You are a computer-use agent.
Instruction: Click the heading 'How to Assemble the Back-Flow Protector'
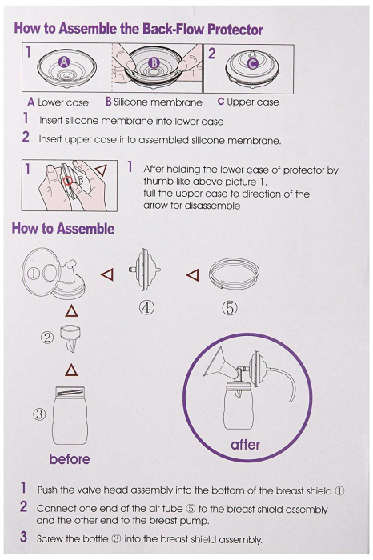click(x=138, y=29)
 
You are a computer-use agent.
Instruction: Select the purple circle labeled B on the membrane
click(x=155, y=62)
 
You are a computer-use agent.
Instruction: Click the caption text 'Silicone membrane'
click(x=158, y=102)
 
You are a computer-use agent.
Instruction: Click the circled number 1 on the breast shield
click(x=34, y=272)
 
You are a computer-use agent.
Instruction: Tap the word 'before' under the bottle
click(x=70, y=459)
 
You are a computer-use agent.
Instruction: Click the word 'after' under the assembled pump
click(x=245, y=445)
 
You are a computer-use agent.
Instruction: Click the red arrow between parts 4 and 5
click(x=192, y=275)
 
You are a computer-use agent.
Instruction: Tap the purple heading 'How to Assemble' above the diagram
click(x=63, y=229)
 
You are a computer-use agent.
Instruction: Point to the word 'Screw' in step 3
click(x=51, y=539)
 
